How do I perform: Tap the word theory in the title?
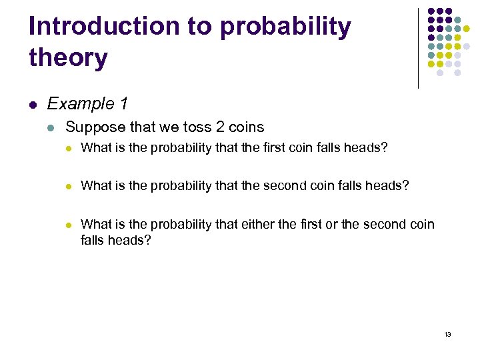click(68, 58)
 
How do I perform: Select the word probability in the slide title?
click(285, 27)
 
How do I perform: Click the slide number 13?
click(447, 334)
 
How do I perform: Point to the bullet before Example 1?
click(33, 105)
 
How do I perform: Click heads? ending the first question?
click(367, 148)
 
